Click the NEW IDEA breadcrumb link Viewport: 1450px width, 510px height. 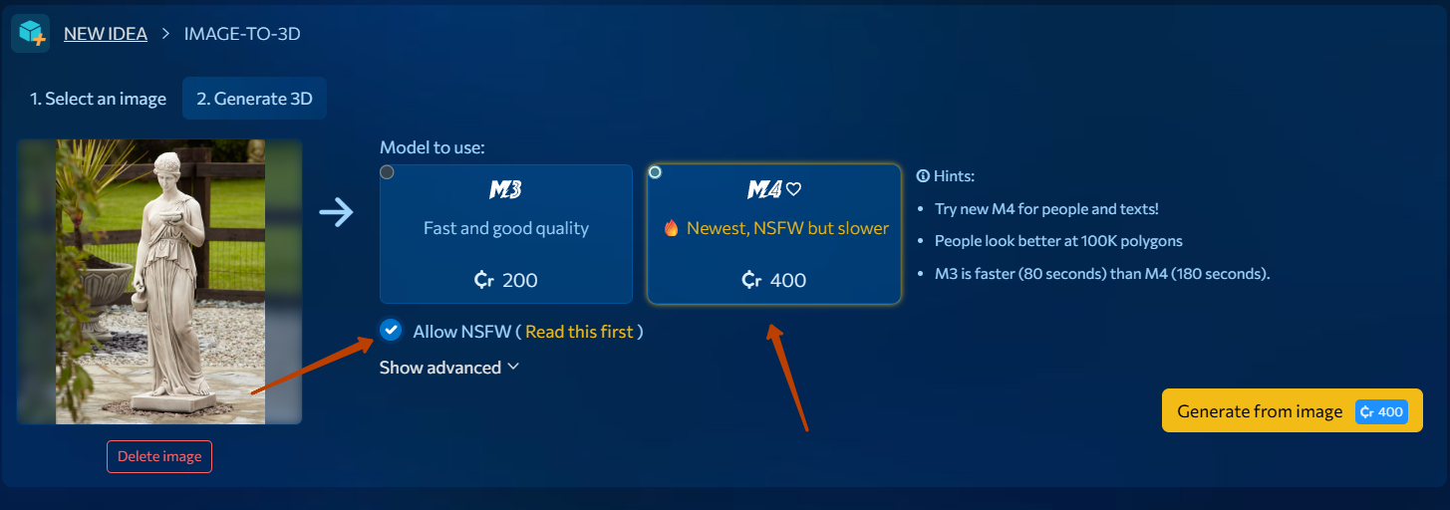click(x=106, y=34)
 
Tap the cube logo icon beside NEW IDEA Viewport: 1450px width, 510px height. click(x=31, y=33)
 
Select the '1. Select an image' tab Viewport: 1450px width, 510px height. click(x=98, y=99)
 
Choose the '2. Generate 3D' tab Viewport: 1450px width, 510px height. click(x=254, y=99)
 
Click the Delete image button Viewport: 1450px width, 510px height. click(x=159, y=456)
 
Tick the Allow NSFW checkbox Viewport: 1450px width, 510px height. click(x=391, y=330)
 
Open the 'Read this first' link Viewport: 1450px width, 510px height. click(x=579, y=332)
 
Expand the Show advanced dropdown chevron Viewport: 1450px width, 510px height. click(x=513, y=367)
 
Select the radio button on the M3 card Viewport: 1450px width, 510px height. click(x=387, y=172)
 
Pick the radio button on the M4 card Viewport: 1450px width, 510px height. click(x=655, y=172)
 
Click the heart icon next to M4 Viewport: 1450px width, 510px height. click(x=793, y=189)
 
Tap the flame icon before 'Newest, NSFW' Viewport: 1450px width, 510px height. click(x=672, y=228)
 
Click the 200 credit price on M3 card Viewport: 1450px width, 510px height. click(x=505, y=280)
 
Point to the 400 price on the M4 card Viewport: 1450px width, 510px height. click(x=773, y=280)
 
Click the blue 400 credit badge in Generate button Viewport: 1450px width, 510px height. click(x=1381, y=411)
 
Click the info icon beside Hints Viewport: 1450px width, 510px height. click(x=923, y=176)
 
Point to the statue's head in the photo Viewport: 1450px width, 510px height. click(x=168, y=165)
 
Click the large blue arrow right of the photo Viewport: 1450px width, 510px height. click(x=336, y=212)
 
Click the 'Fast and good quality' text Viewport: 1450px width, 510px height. click(x=506, y=228)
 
